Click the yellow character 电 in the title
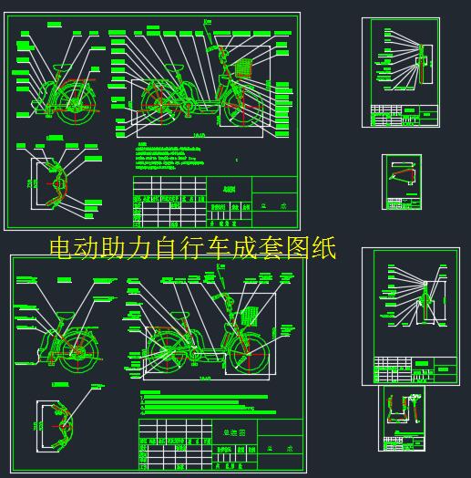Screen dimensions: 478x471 pos(61,248)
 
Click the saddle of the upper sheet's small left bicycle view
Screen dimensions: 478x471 pos(61,70)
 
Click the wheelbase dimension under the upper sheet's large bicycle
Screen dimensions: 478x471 pos(199,136)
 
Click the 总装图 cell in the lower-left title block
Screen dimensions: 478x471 pos(221,431)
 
